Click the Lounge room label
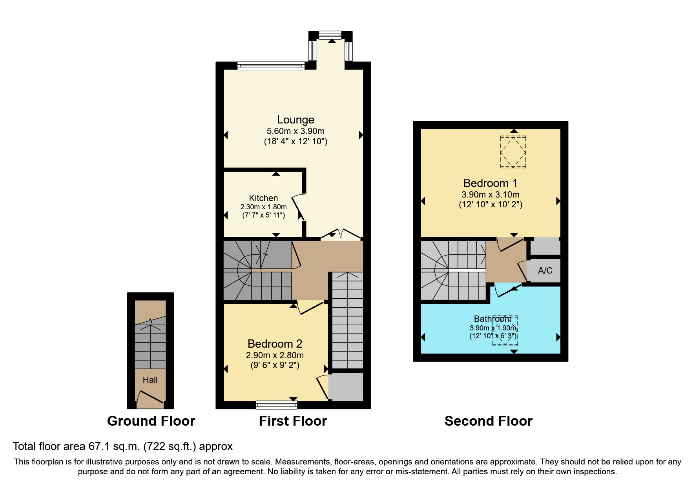[x=296, y=120]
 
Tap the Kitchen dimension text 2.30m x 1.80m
[x=263, y=207]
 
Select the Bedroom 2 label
[x=275, y=344]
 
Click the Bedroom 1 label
[x=490, y=183]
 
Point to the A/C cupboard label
[x=545, y=270]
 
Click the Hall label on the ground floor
[x=150, y=380]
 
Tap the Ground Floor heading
[x=151, y=421]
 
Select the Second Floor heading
[x=488, y=421]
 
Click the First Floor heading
[x=293, y=421]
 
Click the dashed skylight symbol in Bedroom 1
[x=513, y=152]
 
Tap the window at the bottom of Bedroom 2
[x=276, y=404]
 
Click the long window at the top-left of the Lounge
[x=271, y=66]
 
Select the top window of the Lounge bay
[x=330, y=35]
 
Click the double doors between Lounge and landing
[x=341, y=235]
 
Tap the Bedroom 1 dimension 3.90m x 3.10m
[x=490, y=194]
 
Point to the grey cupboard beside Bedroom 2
[x=346, y=386]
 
